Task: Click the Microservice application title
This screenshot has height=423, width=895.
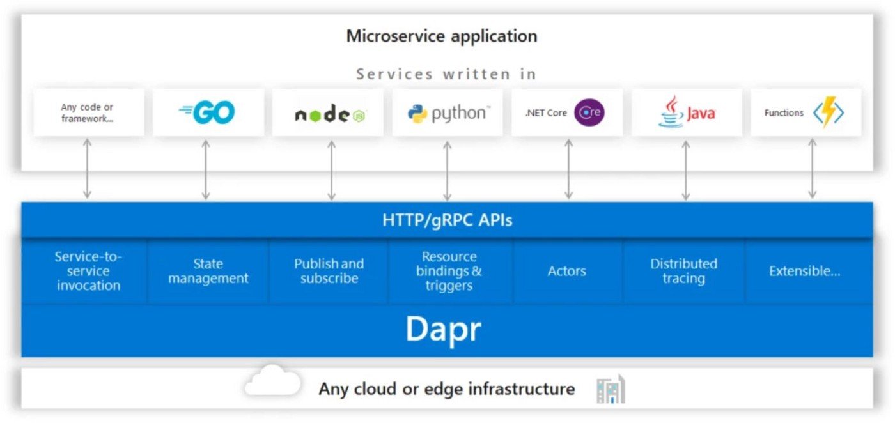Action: point(442,36)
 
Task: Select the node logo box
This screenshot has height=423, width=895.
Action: point(328,113)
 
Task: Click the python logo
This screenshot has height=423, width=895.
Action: point(447,114)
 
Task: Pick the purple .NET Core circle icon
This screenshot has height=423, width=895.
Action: point(589,113)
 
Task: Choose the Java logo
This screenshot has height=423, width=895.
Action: point(687,112)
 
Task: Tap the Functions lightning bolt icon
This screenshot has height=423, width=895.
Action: point(829,113)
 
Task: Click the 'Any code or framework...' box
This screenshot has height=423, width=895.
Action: point(88,112)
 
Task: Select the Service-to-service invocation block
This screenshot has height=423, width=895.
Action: point(88,271)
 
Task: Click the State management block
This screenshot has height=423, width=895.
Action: point(208,271)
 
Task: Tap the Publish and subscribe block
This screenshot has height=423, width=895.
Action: point(329,271)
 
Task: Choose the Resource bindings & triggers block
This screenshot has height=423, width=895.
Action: point(449,271)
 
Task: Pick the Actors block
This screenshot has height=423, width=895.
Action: point(566,271)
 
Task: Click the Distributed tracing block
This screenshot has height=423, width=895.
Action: point(683,271)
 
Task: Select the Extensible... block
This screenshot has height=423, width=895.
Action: point(804,271)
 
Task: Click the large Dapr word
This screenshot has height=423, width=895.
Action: point(443,329)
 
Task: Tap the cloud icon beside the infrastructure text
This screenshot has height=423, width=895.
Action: point(272,381)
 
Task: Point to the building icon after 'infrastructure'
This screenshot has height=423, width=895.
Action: point(611,389)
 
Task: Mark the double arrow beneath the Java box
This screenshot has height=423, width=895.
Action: point(685,169)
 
